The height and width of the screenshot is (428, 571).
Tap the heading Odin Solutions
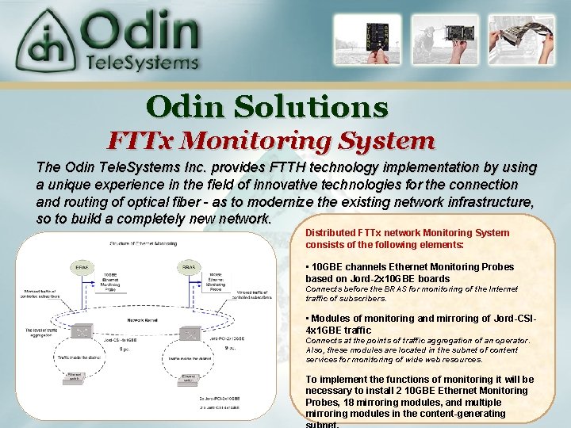[x=267, y=106]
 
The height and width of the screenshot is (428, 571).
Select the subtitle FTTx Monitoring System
[x=271, y=141]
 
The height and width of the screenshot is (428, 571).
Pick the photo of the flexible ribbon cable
[x=525, y=40]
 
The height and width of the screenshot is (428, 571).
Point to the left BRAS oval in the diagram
[x=82, y=268]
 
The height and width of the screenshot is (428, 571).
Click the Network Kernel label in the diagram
[x=143, y=320]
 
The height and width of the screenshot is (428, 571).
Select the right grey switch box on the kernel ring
[x=190, y=334]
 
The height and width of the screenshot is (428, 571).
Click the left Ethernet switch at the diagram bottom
[x=75, y=378]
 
